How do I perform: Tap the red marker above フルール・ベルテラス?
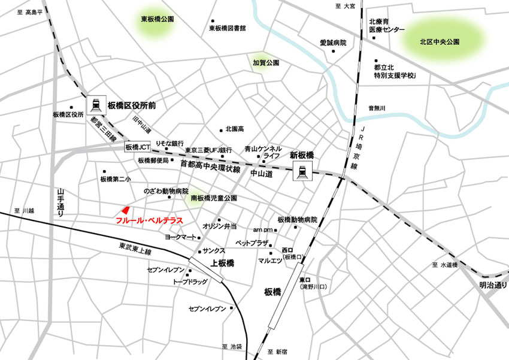coord(125,210)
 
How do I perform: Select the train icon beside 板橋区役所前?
coord(96,105)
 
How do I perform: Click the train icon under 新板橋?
coord(301,172)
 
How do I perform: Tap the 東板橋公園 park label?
coord(157,19)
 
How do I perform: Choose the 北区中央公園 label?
coord(440,42)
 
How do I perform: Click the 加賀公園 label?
coord(266,62)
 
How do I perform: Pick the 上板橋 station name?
coord(223,264)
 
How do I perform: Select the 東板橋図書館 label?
coord(228,28)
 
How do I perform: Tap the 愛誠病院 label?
coord(333,43)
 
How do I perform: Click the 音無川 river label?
coord(377,108)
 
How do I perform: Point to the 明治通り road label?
coord(493,286)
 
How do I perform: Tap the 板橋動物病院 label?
coord(297,220)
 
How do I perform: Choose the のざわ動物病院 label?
coord(165,190)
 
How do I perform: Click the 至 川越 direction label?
coord(24,211)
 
